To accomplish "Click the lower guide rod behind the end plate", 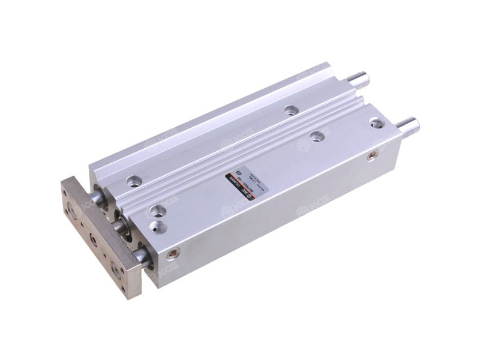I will [x=143, y=257].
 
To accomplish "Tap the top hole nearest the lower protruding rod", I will [x=376, y=124].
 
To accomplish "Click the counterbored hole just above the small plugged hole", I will [x=158, y=210].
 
